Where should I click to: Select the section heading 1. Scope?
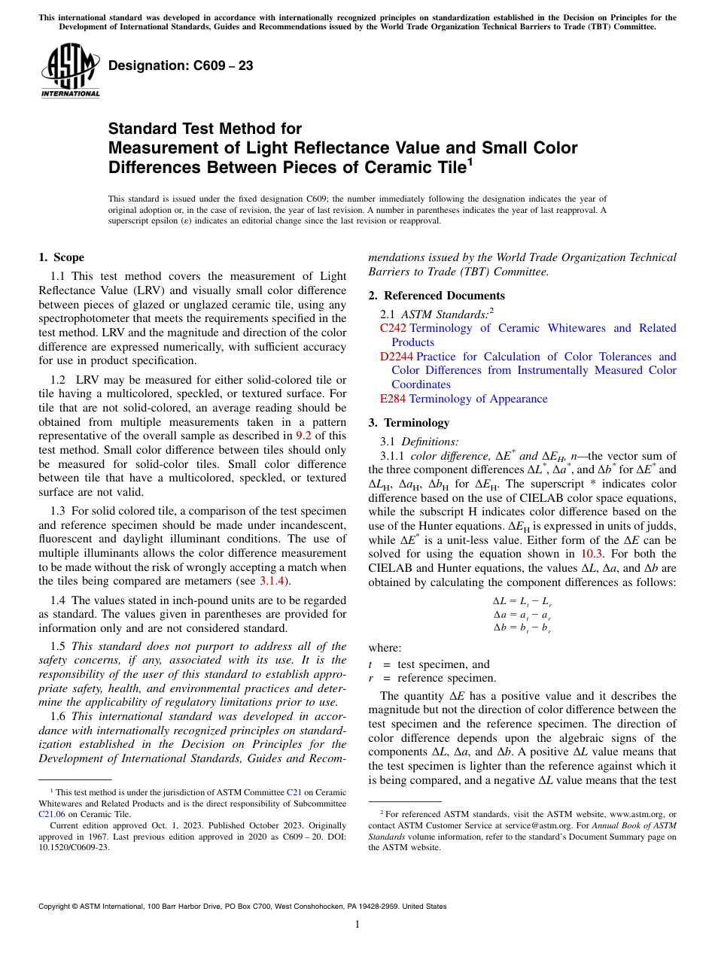coord(62,257)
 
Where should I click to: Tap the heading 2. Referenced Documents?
coord(437,295)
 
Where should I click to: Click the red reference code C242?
coord(393,328)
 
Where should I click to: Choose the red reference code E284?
coord(393,399)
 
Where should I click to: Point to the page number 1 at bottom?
coord(357,925)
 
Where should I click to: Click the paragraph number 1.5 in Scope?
coord(58,646)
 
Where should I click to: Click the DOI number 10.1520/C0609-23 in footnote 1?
coord(74,846)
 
